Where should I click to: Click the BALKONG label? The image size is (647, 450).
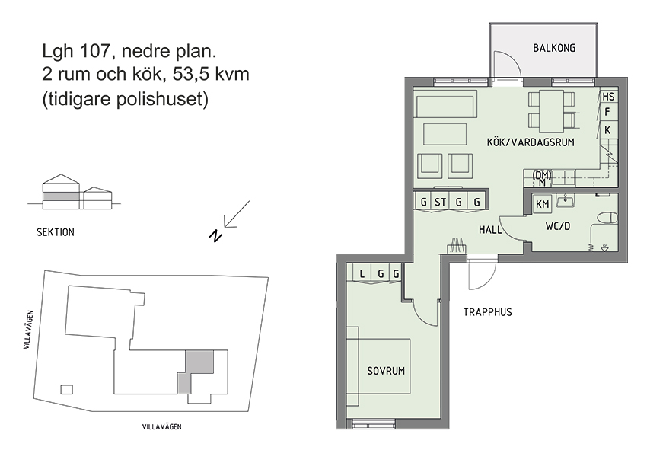tap(553, 49)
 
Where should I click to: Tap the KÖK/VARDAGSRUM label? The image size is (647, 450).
tap(530, 142)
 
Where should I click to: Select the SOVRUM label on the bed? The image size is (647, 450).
tap(385, 371)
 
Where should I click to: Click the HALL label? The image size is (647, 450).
tap(489, 229)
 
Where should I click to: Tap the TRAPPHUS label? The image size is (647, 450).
tap(487, 312)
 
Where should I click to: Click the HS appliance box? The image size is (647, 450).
tap(607, 97)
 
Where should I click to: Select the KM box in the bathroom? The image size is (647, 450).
tap(543, 204)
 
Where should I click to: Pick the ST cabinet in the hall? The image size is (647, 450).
tap(441, 203)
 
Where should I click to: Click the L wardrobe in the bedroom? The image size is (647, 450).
tap(362, 273)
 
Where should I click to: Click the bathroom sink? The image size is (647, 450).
tap(566, 201)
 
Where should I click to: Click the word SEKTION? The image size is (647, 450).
tap(56, 232)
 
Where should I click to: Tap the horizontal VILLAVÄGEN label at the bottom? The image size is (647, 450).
tap(162, 427)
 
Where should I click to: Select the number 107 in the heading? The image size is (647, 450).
tap(95, 53)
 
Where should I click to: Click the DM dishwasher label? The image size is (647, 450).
tap(543, 175)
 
